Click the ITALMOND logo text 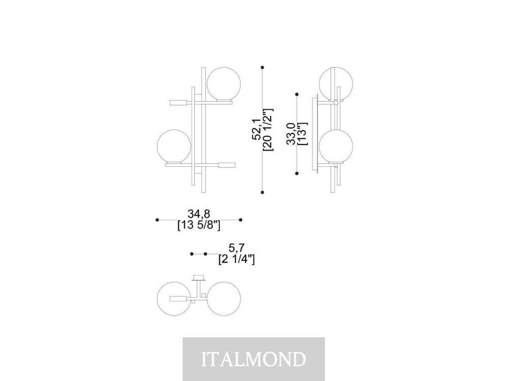click(x=254, y=359)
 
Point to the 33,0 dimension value click(x=290, y=134)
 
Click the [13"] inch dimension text click(x=302, y=134)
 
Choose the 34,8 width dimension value click(x=199, y=214)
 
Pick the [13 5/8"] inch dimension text click(x=199, y=225)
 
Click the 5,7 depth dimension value click(x=236, y=248)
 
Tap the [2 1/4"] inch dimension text click(x=236, y=259)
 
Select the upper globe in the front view click(x=224, y=84)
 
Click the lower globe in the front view click(x=174, y=146)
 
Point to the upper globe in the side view click(x=336, y=84)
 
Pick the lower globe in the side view click(x=336, y=146)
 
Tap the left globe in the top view click(x=174, y=299)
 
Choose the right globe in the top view click(x=224, y=299)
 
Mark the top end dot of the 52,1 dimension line click(x=262, y=67)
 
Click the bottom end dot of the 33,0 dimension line click(x=297, y=173)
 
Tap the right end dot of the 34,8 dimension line click(x=241, y=220)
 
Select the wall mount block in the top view click(x=199, y=278)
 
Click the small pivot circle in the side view click(x=336, y=103)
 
